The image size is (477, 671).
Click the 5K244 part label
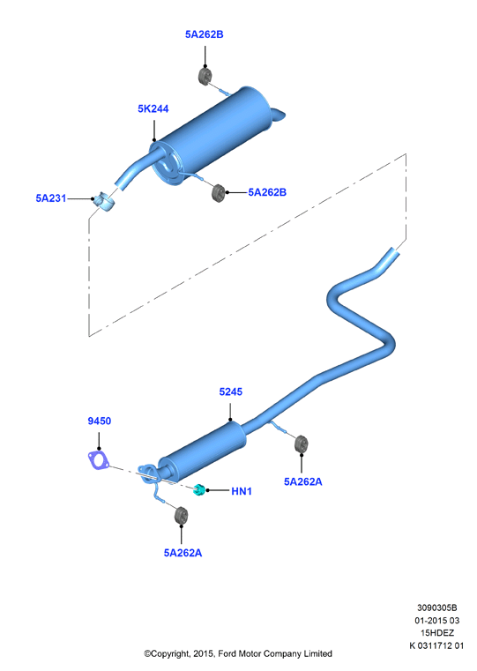153,108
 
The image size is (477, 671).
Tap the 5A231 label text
51,198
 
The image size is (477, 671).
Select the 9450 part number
100,421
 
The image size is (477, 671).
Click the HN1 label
242,491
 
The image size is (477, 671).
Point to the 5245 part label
231,391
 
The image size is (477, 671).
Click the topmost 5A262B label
204,34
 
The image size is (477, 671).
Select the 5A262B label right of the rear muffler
267,192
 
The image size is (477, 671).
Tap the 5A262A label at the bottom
183,553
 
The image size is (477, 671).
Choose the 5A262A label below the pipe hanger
303,481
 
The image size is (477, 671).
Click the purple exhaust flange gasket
99,459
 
